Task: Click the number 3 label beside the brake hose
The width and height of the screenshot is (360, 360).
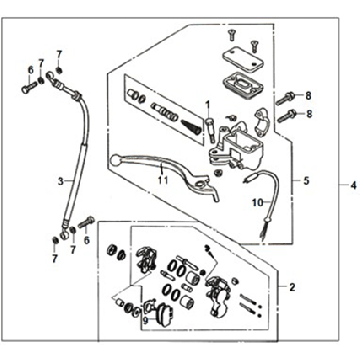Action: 60,181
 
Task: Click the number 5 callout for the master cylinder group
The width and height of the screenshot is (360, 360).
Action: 307,182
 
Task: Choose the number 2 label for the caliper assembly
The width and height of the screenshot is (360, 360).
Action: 291,287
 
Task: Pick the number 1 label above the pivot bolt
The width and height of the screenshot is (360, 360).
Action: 208,105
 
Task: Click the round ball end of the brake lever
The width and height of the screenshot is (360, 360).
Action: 118,156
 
